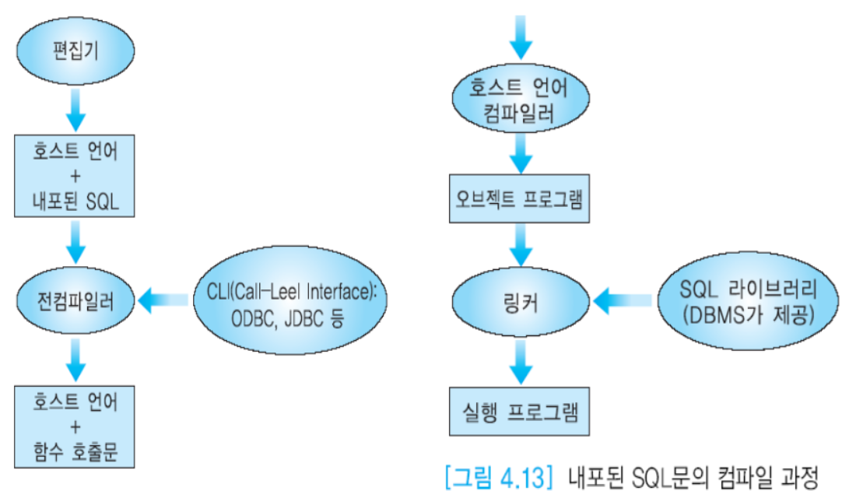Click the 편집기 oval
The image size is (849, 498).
click(75, 52)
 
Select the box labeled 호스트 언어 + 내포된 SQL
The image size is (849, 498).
click(75, 177)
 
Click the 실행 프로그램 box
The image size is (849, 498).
click(516, 410)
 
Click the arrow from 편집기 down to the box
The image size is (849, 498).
click(75, 108)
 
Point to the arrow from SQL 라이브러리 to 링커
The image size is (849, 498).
click(623, 298)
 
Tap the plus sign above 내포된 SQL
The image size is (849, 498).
click(75, 177)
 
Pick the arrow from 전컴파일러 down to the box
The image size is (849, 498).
click(75, 356)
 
